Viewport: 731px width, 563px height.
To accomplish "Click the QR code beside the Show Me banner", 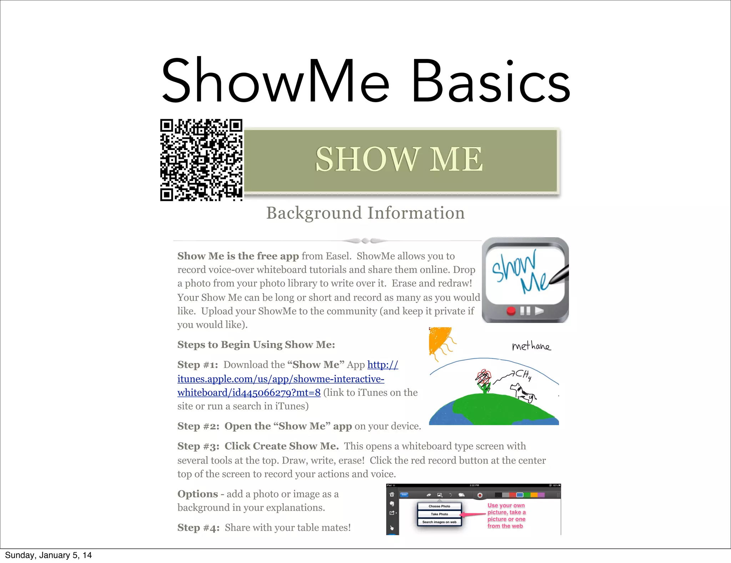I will (201, 160).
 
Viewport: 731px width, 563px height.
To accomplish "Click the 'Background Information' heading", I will (365, 213).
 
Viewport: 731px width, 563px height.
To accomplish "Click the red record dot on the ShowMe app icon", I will (511, 311).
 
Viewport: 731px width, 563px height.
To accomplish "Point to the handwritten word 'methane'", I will (531, 346).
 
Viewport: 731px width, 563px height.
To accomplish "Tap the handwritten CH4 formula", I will (523, 375).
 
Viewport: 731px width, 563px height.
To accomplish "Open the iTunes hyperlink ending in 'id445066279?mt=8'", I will (249, 393).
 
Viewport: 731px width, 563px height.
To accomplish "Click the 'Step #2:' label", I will (198, 426).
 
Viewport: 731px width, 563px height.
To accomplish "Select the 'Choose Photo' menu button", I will (439, 506).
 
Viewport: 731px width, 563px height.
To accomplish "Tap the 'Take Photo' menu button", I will (439, 514).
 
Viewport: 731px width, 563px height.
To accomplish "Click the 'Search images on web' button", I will (439, 522).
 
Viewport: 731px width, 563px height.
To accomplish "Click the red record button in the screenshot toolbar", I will (480, 495).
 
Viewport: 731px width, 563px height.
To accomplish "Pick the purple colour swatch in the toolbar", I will (541, 495).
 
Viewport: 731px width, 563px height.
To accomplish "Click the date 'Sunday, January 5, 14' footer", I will (48, 555).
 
